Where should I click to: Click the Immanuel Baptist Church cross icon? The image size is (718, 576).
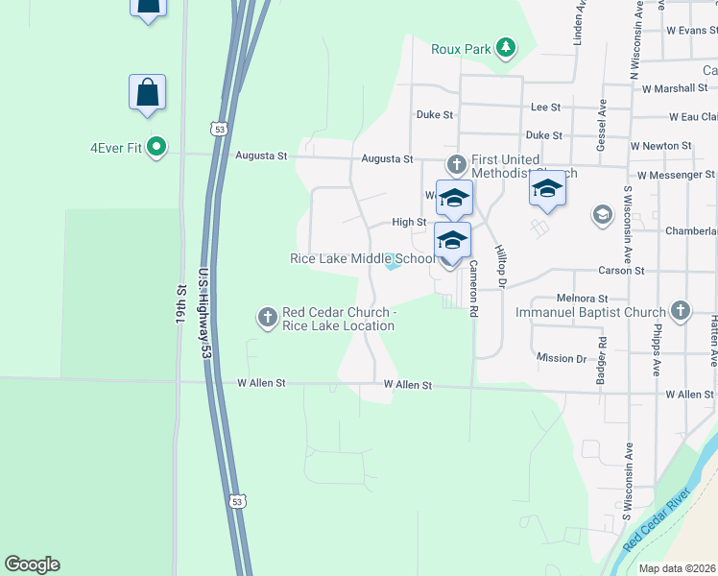[680, 310]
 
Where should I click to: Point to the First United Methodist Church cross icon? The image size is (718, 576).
[456, 163]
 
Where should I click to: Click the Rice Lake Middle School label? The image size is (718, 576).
[363, 258]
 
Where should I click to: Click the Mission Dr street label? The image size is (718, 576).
[562, 358]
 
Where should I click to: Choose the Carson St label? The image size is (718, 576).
[620, 271]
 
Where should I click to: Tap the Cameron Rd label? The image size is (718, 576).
[473, 289]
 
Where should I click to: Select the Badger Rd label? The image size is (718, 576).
[603, 354]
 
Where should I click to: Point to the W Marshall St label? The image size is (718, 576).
[675, 88]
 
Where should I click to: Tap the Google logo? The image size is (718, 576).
[32, 564]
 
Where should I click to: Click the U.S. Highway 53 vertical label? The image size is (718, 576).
[204, 313]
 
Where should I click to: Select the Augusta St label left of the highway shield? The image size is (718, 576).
[261, 156]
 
